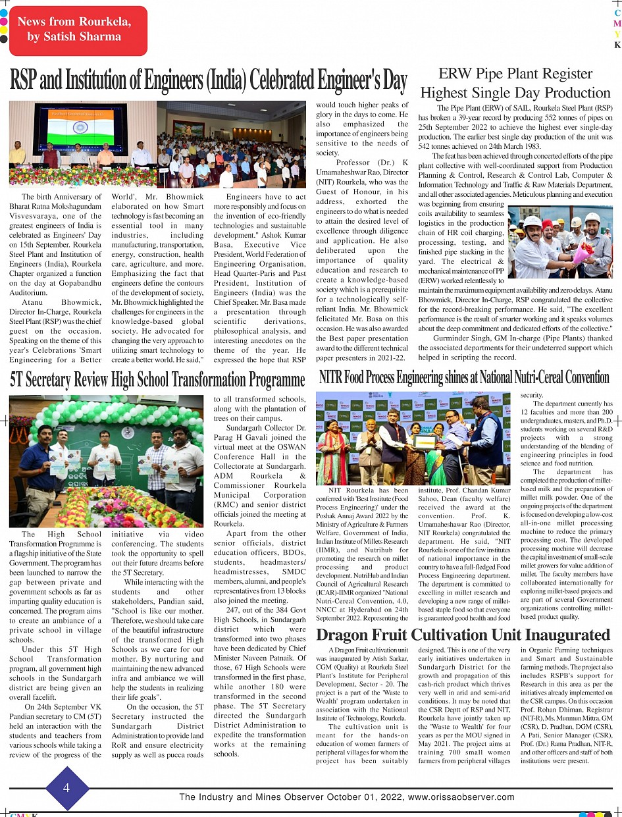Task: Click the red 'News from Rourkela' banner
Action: (x=78, y=30)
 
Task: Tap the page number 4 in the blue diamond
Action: (x=66, y=788)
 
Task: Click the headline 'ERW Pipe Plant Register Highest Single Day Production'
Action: (x=515, y=83)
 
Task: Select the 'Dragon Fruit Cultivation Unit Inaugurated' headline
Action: (x=463, y=635)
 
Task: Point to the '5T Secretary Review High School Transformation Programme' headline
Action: (x=157, y=380)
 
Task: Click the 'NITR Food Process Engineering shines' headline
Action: (x=464, y=377)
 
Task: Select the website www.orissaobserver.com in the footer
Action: (x=461, y=797)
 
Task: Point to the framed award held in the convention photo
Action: (x=425, y=441)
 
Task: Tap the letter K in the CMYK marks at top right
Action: (x=617, y=45)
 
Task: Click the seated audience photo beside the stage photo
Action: (x=231, y=144)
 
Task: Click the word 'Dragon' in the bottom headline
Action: (x=347, y=635)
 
